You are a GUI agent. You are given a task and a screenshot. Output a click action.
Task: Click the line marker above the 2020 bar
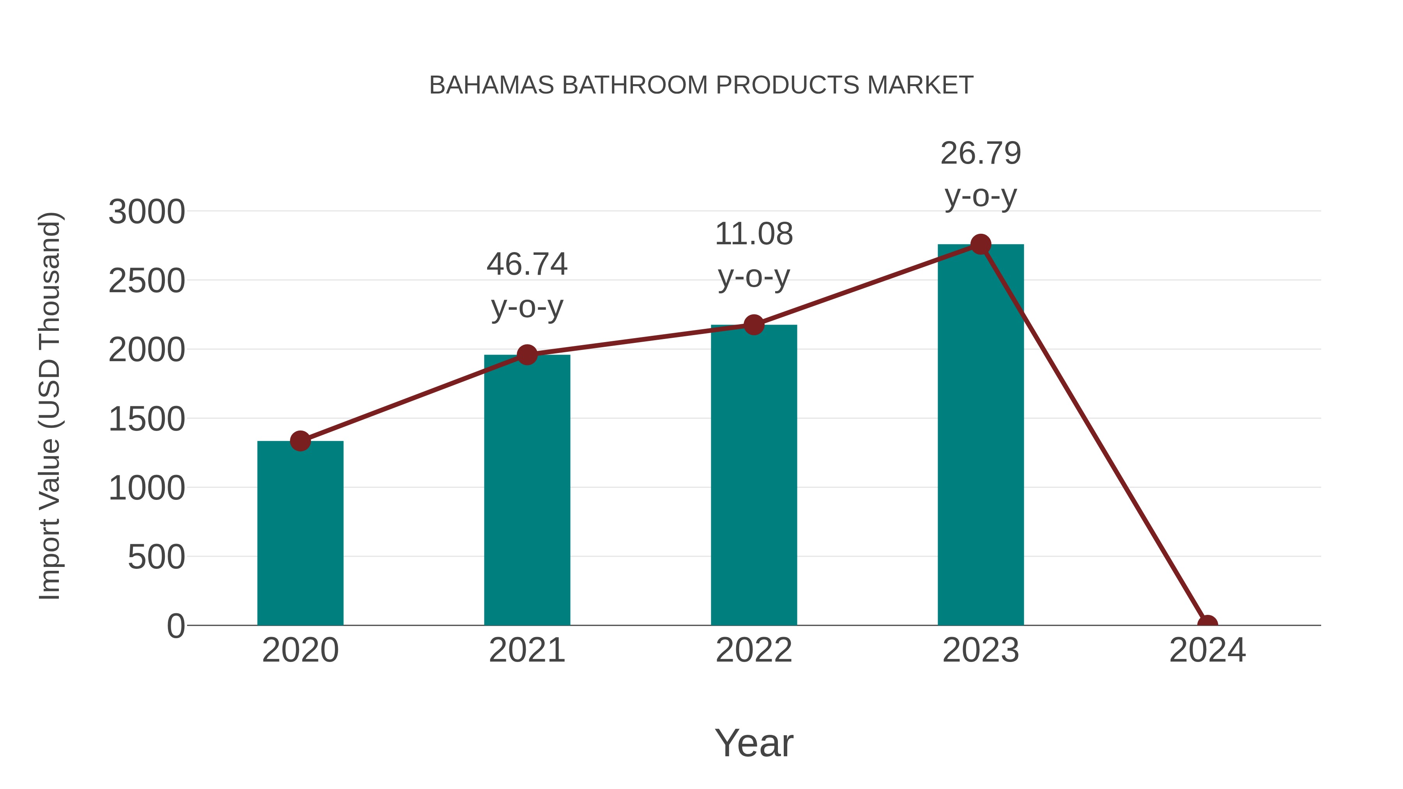[x=300, y=441]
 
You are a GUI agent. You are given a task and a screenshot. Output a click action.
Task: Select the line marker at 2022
[x=754, y=325]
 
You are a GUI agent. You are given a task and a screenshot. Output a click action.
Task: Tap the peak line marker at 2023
[x=981, y=244]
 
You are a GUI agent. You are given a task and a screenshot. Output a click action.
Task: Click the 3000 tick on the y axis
[x=147, y=212]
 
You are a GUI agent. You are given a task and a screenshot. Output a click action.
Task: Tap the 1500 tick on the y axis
[x=147, y=419]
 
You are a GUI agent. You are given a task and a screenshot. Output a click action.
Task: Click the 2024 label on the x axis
[x=1207, y=650]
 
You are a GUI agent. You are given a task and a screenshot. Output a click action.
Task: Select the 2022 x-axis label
[x=754, y=650]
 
